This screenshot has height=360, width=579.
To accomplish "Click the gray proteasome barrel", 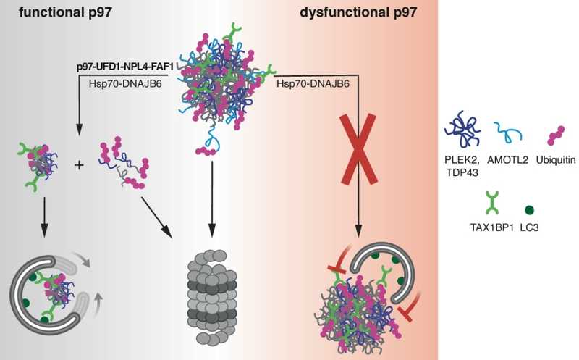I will click(x=211, y=294).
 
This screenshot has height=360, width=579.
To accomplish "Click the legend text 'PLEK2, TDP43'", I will click(x=463, y=167).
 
